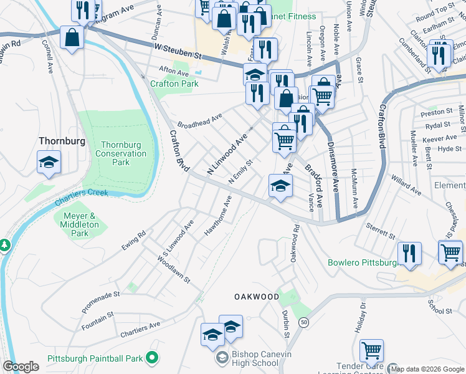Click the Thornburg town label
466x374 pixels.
(61, 141)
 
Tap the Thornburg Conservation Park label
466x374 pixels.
(121, 153)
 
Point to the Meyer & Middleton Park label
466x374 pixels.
(80, 224)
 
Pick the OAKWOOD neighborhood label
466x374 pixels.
(256, 297)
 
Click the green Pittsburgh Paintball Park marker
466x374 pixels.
(151, 358)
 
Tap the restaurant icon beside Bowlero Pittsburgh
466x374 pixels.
(410, 253)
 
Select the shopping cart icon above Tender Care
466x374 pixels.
(372, 351)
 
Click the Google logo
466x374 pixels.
(21, 367)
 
